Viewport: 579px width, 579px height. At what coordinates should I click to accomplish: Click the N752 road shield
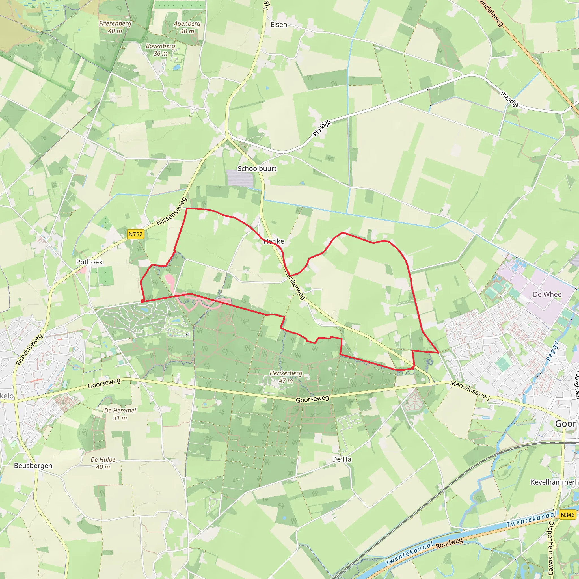[135, 234]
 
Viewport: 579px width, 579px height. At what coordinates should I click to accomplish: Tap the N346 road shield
[567, 515]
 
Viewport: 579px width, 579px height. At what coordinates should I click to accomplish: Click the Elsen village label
[279, 25]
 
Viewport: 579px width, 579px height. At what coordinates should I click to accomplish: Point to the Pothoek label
[89, 262]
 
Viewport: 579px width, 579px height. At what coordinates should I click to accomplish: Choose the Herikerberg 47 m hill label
[286, 377]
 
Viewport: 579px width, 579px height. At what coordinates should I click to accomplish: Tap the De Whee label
[547, 294]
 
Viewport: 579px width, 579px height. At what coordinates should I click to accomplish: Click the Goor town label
[565, 424]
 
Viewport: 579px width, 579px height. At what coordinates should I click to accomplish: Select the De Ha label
[342, 459]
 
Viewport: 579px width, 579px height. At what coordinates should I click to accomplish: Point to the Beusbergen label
[33, 465]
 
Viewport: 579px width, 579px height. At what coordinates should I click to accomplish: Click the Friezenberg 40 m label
[115, 27]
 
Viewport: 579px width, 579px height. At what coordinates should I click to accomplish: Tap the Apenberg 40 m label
[187, 27]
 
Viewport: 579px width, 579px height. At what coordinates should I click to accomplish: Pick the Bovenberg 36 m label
[160, 50]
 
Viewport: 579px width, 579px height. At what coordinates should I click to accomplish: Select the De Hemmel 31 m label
[120, 414]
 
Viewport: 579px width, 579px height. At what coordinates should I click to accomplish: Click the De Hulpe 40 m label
[103, 463]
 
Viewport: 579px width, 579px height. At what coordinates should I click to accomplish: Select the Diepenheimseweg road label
[551, 548]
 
